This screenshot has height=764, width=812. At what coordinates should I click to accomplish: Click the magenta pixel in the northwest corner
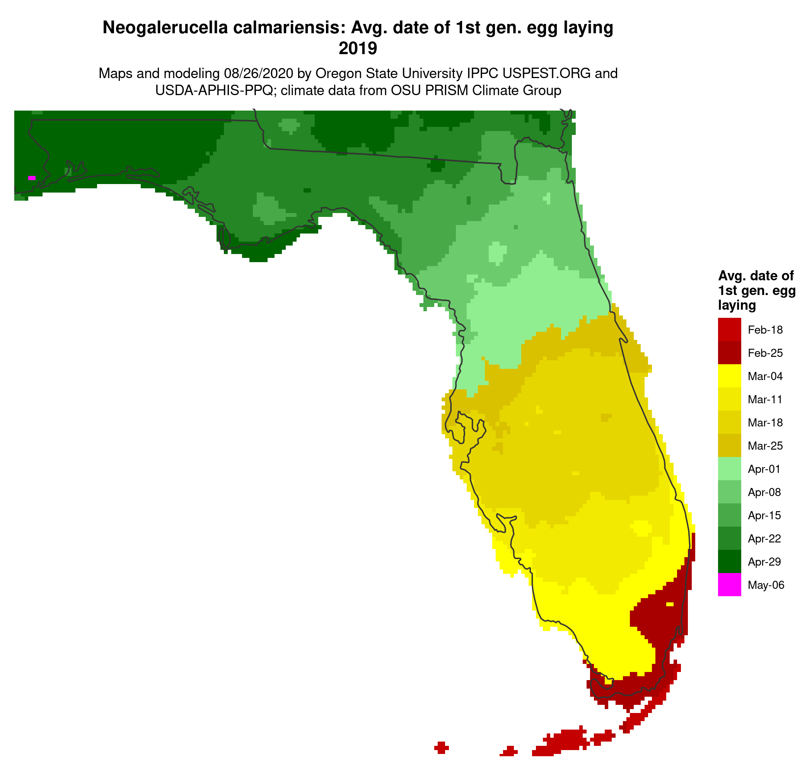32,178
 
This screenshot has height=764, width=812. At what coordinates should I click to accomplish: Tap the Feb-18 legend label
765,330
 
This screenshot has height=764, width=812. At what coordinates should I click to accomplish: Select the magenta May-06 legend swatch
729,585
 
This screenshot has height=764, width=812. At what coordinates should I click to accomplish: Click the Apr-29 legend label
764,562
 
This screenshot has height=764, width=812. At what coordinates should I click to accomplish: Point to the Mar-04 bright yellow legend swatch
729,376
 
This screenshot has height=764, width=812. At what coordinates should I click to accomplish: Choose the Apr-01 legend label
764,469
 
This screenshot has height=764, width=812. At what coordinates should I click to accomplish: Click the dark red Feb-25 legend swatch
729,352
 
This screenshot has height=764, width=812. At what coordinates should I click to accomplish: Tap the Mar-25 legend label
765,446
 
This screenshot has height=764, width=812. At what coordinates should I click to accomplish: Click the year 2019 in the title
358,49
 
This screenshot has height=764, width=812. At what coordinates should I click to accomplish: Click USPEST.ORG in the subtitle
546,73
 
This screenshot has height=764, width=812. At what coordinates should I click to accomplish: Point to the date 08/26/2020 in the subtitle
258,73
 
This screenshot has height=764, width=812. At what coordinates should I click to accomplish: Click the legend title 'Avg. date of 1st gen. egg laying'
756,290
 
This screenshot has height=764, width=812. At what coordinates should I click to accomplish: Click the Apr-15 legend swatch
729,515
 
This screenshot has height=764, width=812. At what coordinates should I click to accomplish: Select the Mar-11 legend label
765,399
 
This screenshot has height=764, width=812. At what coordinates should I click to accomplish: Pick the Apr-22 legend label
764,539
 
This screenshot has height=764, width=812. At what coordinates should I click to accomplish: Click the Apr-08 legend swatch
729,492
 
